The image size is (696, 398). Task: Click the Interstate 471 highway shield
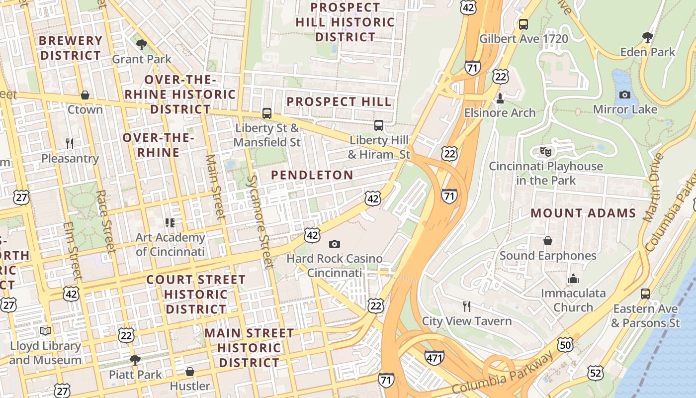(x=434, y=357)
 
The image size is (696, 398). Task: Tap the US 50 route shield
(x=565, y=344)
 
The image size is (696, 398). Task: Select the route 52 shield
(x=595, y=372)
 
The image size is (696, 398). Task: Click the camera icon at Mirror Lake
(x=625, y=95)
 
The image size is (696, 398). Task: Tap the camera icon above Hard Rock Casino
(x=335, y=244)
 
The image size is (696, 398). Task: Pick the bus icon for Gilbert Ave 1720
(x=523, y=24)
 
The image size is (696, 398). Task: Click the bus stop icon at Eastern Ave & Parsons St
(x=645, y=294)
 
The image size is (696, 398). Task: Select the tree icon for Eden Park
(x=647, y=37)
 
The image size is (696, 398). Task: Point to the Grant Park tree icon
(x=142, y=44)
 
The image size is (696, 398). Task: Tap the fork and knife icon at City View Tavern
(x=466, y=306)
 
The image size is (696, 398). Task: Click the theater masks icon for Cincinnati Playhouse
(x=546, y=151)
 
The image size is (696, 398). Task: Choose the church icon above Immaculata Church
(x=573, y=279)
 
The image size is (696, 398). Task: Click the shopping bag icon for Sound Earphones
(x=548, y=241)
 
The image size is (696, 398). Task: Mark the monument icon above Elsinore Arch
(x=500, y=99)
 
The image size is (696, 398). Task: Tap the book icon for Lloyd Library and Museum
(x=45, y=331)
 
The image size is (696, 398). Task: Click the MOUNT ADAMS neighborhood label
(x=583, y=213)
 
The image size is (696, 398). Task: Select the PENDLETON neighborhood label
(x=312, y=175)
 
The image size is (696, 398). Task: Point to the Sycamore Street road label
(x=260, y=222)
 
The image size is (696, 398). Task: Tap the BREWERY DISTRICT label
(x=71, y=48)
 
